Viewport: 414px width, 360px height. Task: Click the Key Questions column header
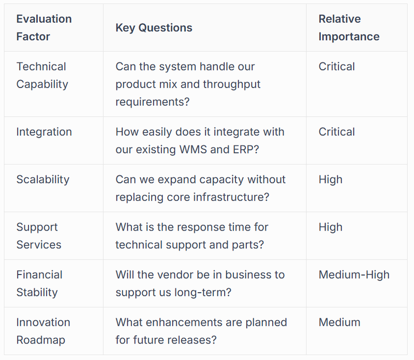(154, 28)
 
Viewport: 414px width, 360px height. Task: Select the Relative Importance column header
(348, 28)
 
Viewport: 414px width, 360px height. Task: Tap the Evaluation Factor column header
(44, 28)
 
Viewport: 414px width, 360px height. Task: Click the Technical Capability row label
(42, 75)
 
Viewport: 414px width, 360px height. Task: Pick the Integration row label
(44, 132)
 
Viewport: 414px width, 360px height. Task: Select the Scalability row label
(42, 179)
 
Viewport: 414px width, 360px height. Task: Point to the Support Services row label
(38, 236)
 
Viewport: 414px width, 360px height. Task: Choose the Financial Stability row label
(39, 283)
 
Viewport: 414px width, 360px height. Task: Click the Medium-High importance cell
(354, 275)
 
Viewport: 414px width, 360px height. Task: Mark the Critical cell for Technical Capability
(336, 66)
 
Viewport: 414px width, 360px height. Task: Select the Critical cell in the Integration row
(336, 132)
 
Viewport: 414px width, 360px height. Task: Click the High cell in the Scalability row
(330, 179)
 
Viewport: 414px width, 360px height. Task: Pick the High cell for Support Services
(330, 227)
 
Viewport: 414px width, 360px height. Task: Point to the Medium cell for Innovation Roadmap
(339, 322)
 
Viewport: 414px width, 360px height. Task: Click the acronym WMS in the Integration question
(193, 149)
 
